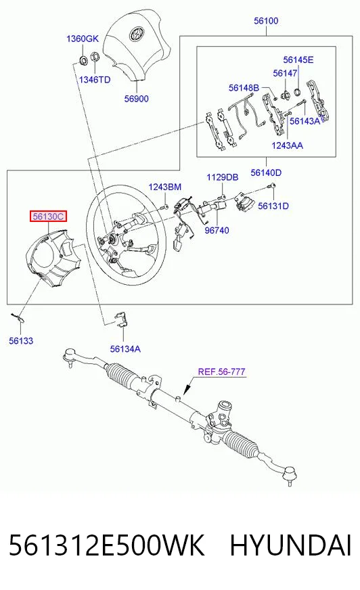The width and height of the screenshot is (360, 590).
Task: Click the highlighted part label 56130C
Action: [x=49, y=217]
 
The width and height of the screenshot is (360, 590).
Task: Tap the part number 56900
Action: [x=137, y=99]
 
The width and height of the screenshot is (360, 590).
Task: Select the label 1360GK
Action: [x=83, y=39]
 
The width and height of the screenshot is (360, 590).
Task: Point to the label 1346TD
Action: [x=95, y=80]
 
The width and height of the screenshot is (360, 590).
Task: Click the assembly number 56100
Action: [x=266, y=21]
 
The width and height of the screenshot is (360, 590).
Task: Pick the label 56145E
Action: [x=298, y=60]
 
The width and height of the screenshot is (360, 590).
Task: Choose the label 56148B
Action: [x=244, y=88]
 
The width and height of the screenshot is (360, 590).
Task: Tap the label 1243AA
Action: [x=287, y=145]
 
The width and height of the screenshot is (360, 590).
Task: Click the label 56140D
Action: [x=266, y=173]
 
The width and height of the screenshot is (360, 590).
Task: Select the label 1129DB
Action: [x=223, y=177]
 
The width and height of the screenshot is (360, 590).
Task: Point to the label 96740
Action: [x=217, y=230]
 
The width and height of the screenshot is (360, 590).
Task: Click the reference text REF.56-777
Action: [x=221, y=371]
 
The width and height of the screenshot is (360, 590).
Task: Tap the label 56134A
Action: [x=125, y=349]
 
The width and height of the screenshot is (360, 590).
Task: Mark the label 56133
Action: [x=21, y=341]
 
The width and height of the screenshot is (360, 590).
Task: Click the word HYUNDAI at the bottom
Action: [x=290, y=545]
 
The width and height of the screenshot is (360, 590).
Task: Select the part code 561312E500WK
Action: [x=106, y=545]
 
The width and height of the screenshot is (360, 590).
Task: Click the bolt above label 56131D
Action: [x=273, y=185]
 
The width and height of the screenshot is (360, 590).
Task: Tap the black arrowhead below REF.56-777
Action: [x=185, y=390]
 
